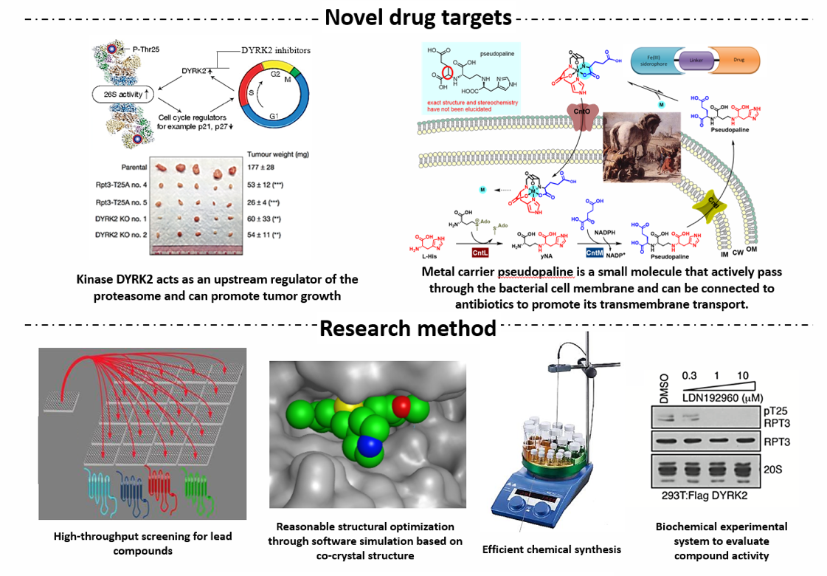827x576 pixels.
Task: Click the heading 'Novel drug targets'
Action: click(x=418, y=17)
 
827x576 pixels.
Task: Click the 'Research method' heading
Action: click(x=408, y=328)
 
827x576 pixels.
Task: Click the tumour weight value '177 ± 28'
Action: click(x=263, y=168)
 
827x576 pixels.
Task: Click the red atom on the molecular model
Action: click(x=401, y=405)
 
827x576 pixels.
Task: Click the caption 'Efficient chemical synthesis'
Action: click(x=551, y=549)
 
